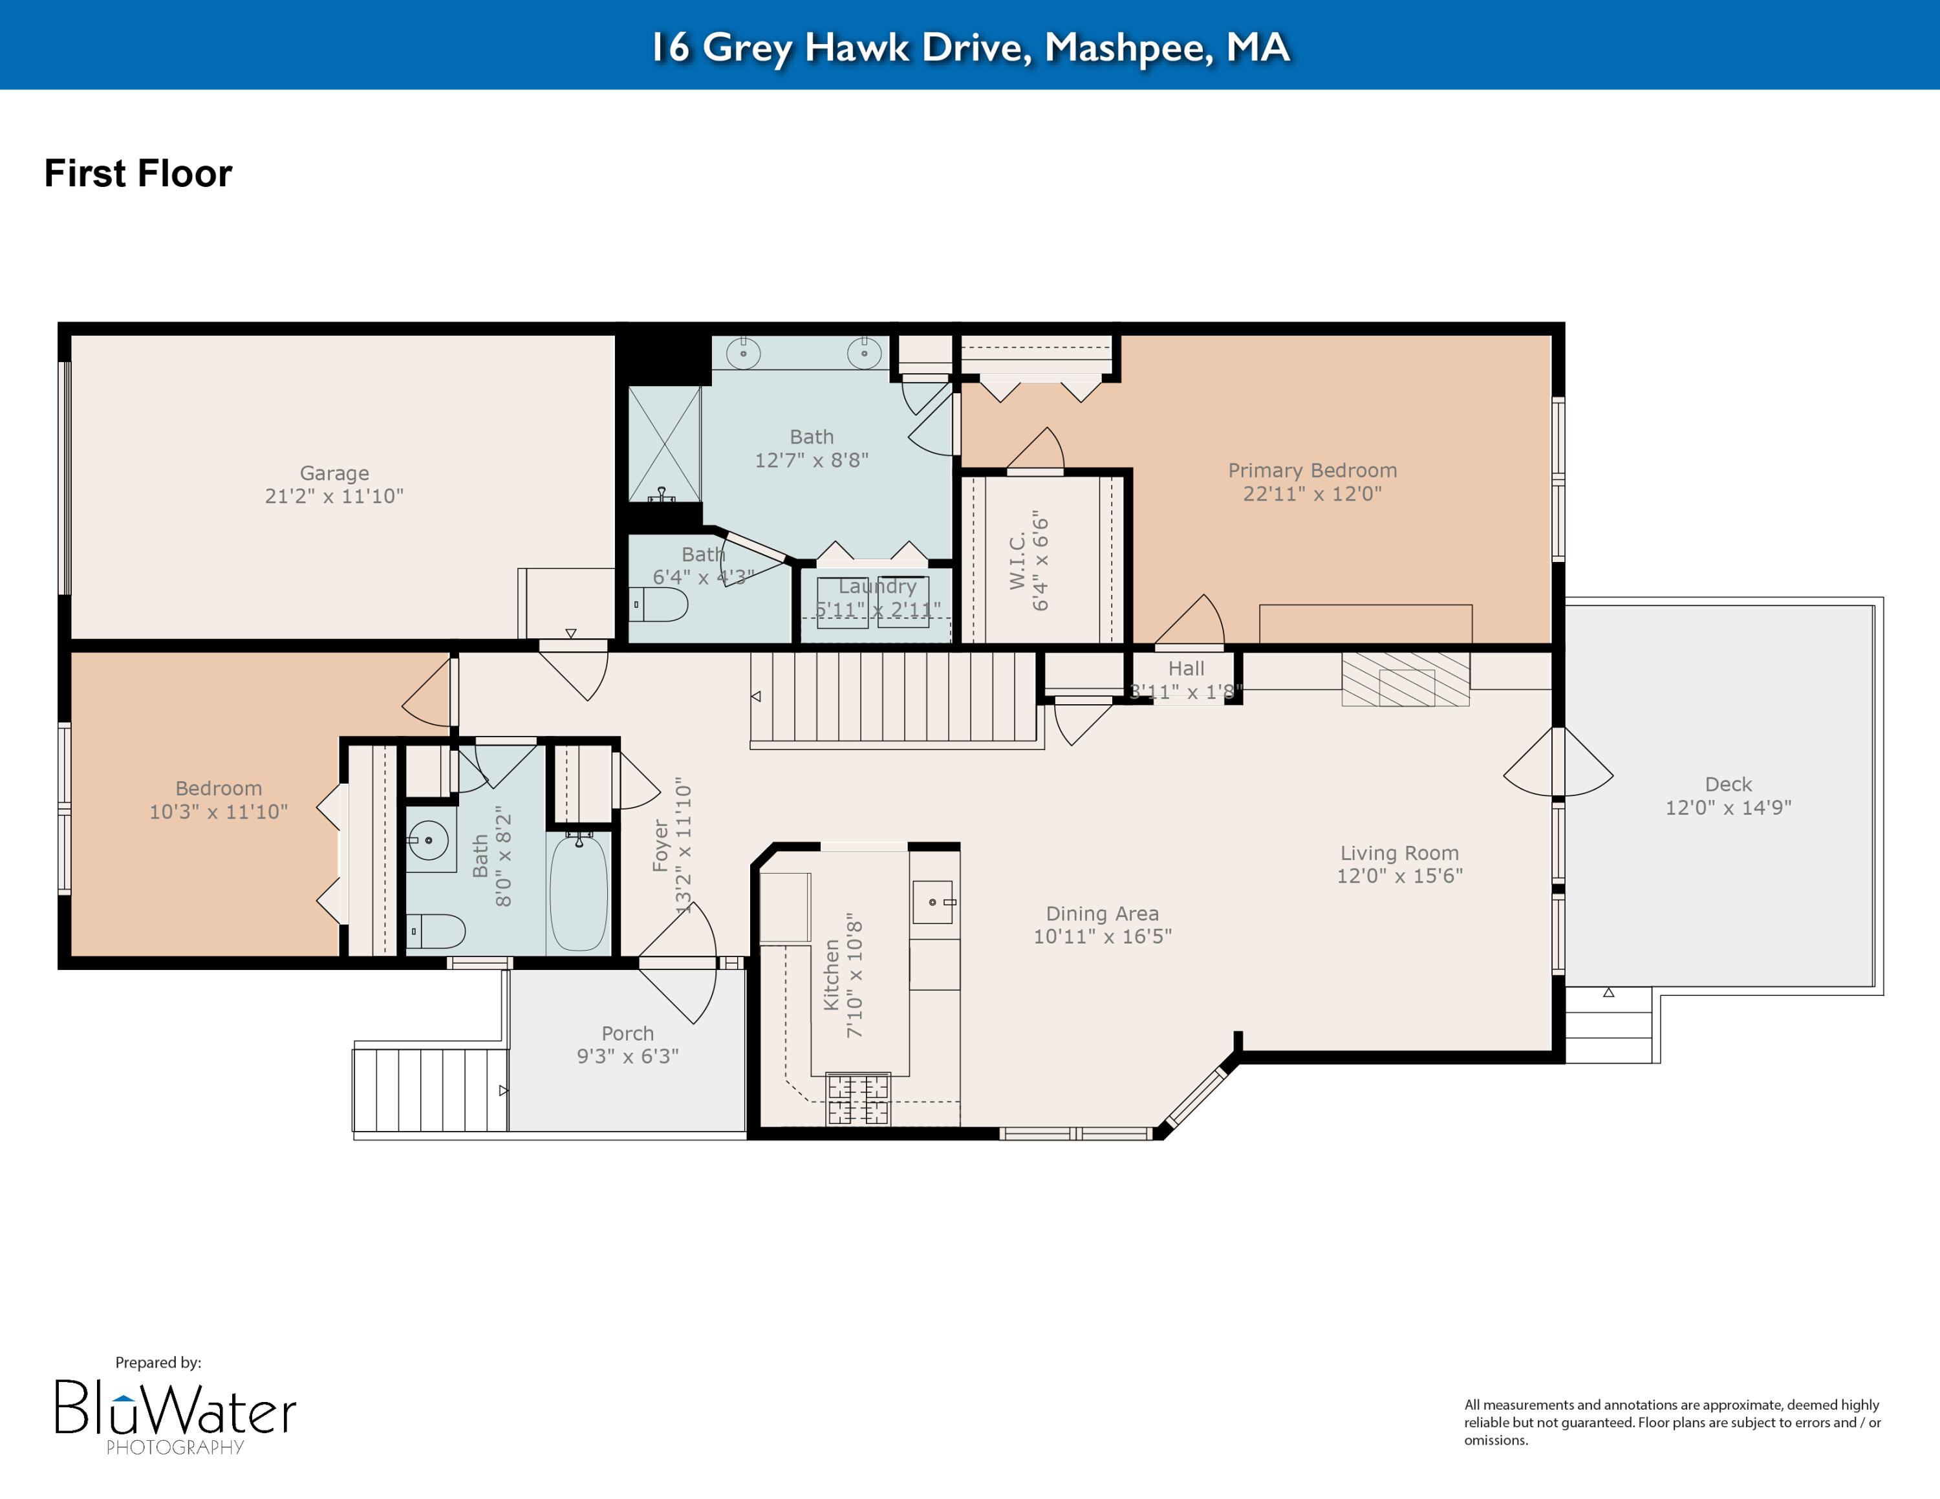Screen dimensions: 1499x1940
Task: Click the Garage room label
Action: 334,473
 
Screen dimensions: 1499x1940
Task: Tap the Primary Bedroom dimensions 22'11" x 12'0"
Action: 1312,494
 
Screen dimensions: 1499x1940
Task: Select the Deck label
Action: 1728,784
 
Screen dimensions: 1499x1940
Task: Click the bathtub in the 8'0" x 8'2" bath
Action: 578,892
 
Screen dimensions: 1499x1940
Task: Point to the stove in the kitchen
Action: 858,1099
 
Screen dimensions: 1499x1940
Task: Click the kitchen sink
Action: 932,902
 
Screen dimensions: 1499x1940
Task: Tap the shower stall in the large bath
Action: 664,444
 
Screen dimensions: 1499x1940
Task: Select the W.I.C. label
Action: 1018,561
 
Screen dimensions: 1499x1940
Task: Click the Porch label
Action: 627,1033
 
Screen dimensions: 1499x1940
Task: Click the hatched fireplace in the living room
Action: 1405,680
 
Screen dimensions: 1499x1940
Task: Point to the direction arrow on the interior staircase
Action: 756,696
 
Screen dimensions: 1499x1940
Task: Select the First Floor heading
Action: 138,173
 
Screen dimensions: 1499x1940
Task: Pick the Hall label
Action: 1186,669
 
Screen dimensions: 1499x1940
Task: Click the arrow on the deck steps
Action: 1609,993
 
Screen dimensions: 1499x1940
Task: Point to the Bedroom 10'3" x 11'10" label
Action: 219,788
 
